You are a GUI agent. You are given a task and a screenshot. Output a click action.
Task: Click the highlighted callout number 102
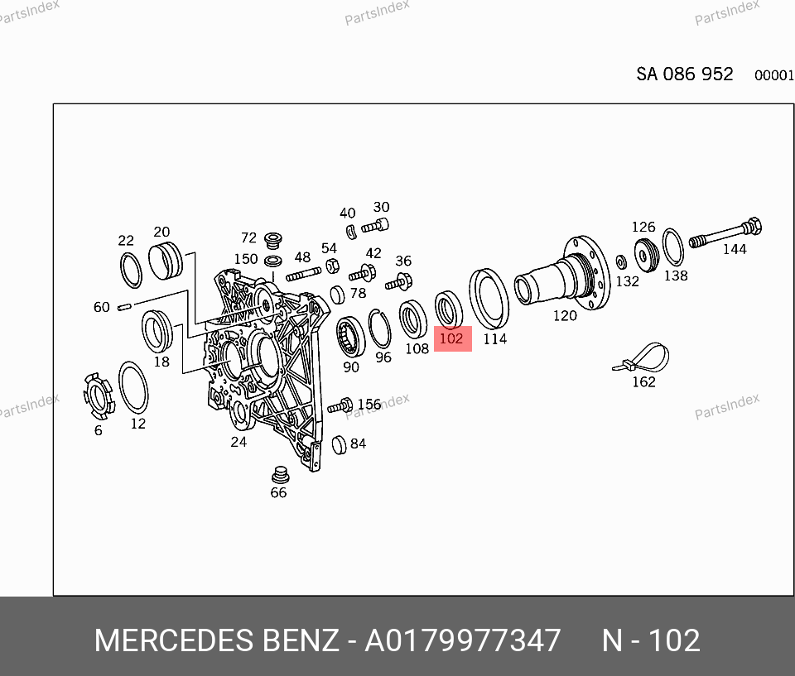tap(451, 338)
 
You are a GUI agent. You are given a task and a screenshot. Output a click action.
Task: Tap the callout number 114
tap(495, 338)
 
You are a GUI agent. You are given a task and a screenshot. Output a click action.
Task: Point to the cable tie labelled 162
tap(641, 357)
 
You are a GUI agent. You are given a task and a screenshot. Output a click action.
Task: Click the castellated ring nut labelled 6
tap(98, 396)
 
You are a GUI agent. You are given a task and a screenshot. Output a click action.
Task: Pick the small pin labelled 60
tap(125, 307)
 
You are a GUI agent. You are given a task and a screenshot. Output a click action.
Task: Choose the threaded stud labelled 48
tap(304, 274)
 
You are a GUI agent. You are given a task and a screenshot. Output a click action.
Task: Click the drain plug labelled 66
tap(280, 475)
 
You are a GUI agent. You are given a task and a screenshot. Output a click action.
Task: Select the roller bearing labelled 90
tap(350, 337)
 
